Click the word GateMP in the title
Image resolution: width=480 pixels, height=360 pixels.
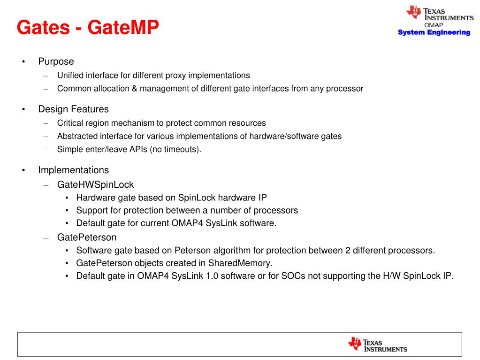(123, 27)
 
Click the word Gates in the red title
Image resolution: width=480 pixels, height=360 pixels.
(43, 27)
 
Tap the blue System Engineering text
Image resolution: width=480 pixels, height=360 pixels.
(434, 32)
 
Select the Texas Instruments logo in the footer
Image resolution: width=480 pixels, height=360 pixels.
(377, 345)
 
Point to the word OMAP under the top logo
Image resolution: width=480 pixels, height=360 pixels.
(434, 25)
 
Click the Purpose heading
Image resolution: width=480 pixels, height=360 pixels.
(56, 61)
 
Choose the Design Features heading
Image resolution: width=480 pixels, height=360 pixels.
(74, 109)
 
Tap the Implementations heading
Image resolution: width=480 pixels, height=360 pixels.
(74, 170)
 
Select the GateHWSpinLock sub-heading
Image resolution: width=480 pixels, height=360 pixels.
(96, 184)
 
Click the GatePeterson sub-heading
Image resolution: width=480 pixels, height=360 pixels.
(87, 237)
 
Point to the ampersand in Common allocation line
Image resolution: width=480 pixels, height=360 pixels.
(135, 88)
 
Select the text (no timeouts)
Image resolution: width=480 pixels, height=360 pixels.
(175, 149)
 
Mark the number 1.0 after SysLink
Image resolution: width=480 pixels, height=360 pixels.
(212, 276)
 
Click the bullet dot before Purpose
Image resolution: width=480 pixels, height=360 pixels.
(23, 62)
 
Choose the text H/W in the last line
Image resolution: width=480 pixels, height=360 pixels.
(391, 276)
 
